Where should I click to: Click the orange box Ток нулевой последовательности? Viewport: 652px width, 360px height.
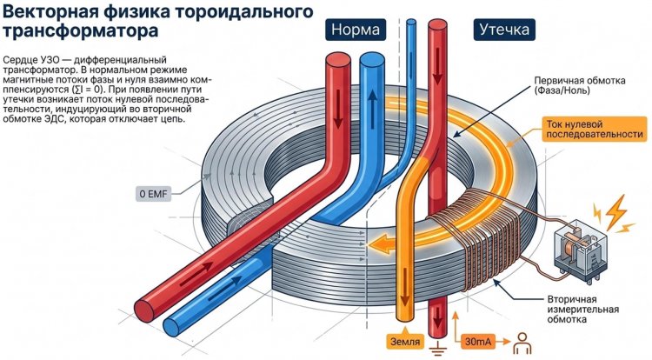point(595,128)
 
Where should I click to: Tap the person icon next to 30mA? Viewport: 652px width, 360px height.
point(523,341)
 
